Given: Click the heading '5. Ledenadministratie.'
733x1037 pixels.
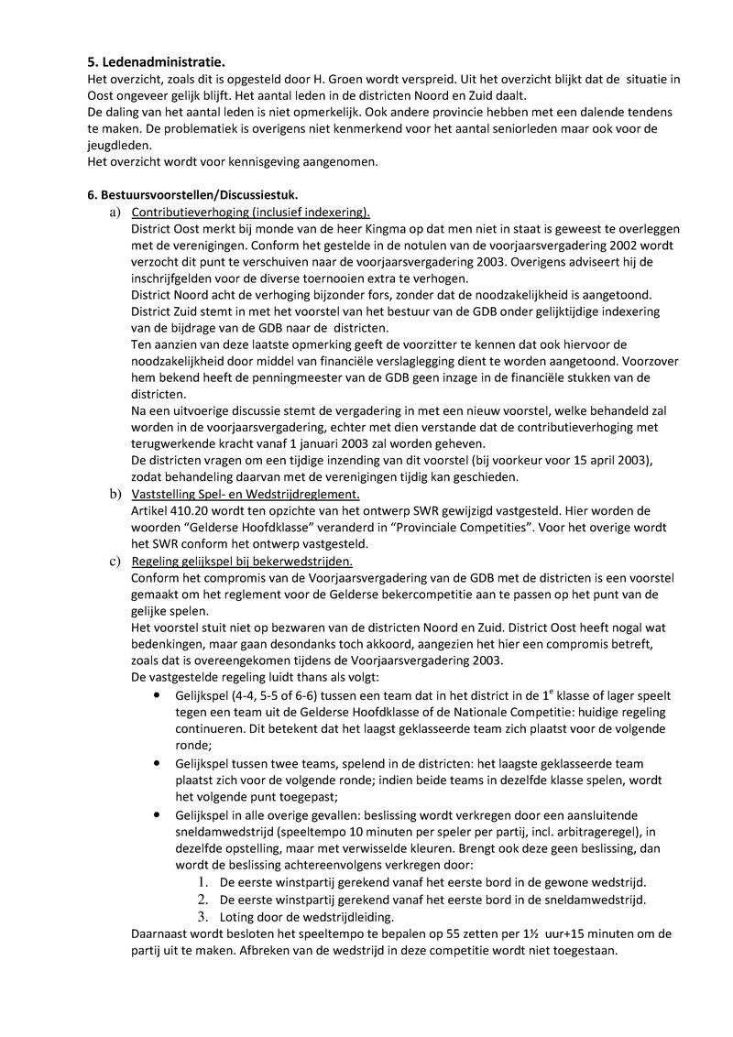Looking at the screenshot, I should (x=156, y=63).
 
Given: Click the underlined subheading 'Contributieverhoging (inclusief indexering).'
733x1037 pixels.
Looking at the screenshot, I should (x=250, y=212).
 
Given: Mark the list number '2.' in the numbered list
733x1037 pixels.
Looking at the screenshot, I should (x=203, y=899).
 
